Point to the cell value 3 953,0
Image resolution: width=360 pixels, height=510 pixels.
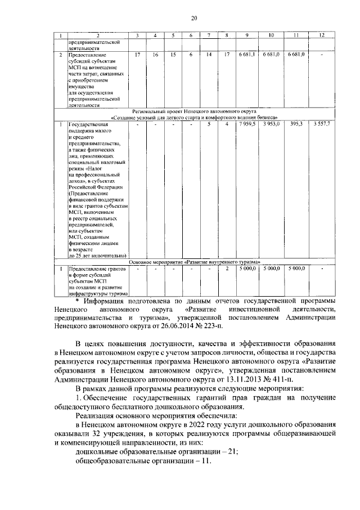pyautogui.click(x=271, y=124)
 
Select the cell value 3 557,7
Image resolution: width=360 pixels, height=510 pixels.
pyautogui.click(x=322, y=124)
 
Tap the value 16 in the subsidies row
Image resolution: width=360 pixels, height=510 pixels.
pyautogui.click(x=155, y=55)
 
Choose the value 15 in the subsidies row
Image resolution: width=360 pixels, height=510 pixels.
pyautogui.click(x=173, y=55)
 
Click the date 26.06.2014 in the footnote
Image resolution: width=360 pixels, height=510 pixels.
pyautogui.click(x=181, y=326)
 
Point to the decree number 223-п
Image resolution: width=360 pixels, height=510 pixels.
pyautogui.click(x=213, y=326)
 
